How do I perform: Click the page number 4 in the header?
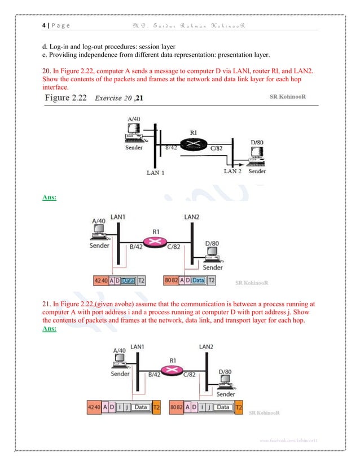43,26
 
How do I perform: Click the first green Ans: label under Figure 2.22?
52,197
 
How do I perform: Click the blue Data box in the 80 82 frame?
198,280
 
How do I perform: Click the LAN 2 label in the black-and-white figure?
234,171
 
